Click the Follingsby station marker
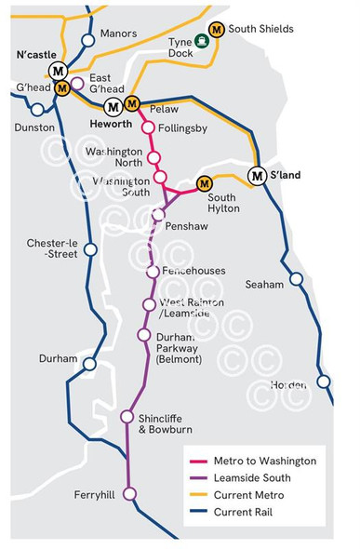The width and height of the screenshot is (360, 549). [147, 127]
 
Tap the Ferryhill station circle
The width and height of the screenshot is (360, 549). [130, 493]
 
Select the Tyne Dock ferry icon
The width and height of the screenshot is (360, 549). [200, 41]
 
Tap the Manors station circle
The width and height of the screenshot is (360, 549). [88, 40]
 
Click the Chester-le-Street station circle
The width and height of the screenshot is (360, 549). [90, 249]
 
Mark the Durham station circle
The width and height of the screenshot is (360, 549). [89, 364]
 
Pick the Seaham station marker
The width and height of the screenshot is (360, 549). [295, 278]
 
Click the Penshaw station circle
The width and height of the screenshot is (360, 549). [158, 214]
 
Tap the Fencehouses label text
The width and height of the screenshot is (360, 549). [193, 271]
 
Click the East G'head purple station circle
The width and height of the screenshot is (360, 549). [77, 83]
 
